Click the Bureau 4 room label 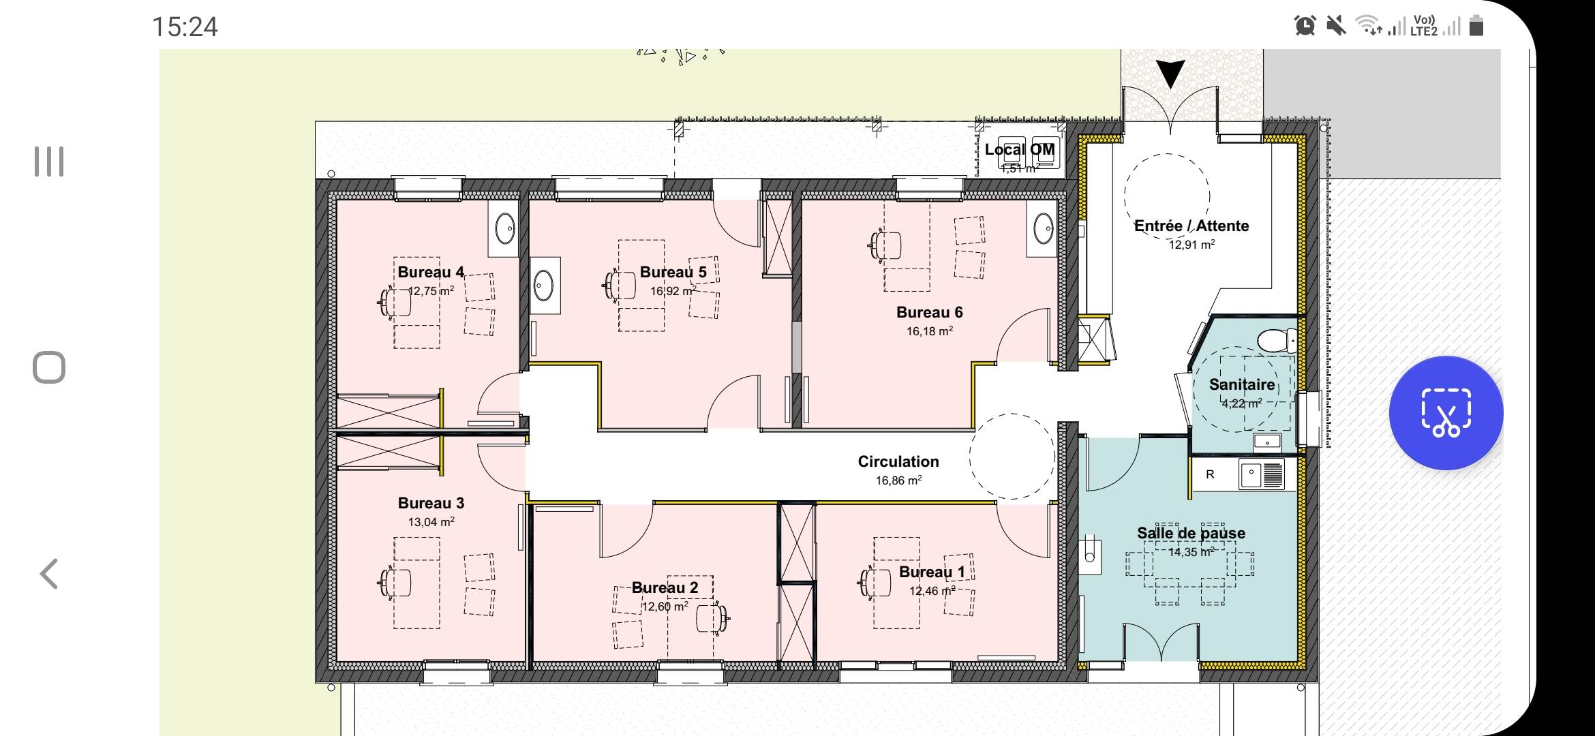[431, 272]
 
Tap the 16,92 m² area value [673, 291]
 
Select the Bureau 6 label [929, 312]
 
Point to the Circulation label [898, 461]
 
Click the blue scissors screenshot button [1446, 412]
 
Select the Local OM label [1020, 149]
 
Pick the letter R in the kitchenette [1210, 474]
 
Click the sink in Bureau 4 [504, 229]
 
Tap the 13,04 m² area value [431, 522]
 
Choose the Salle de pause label [1191, 533]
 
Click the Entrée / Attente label [1191, 226]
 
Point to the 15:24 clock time [185, 27]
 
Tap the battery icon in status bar [1476, 26]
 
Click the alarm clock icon [1305, 26]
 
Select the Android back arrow [48, 574]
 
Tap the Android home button [49, 368]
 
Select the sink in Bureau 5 [544, 285]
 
